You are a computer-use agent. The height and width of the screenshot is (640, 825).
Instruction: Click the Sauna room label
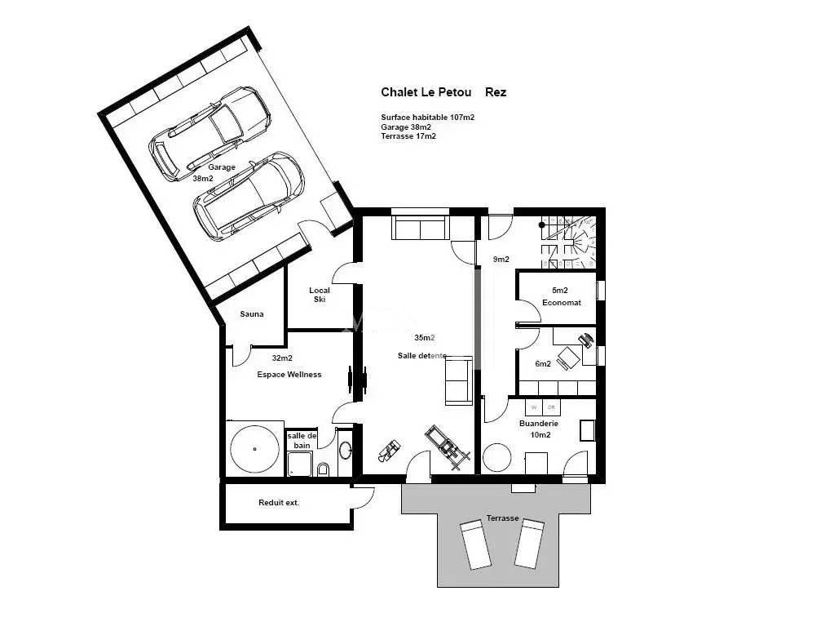[x=252, y=314]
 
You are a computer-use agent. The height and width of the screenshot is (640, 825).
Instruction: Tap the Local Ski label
[x=320, y=295]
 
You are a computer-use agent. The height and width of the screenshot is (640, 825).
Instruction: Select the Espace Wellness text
[x=289, y=375]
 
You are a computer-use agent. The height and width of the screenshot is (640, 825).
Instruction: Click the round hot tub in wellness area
[x=254, y=449]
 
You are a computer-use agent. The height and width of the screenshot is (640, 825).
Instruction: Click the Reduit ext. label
[x=278, y=503]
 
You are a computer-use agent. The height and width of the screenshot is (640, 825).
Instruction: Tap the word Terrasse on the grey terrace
[x=502, y=518]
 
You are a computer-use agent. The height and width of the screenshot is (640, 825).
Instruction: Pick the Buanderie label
[x=539, y=423]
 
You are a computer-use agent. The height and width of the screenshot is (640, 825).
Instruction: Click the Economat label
[x=562, y=302]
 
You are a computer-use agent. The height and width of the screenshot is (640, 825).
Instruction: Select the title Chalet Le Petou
[x=426, y=92]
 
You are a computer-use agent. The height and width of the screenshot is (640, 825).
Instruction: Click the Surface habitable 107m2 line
[x=428, y=118]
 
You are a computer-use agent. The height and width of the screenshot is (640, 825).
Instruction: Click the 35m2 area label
[x=425, y=338]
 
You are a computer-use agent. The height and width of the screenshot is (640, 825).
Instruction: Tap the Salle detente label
[x=422, y=356]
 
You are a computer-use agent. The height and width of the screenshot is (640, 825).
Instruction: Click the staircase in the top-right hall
[x=569, y=242]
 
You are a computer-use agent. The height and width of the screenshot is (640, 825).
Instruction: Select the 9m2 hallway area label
[x=501, y=259]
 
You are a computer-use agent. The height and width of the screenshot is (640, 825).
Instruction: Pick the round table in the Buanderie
[x=497, y=457]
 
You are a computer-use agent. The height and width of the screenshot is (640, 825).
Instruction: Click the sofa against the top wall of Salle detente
[x=421, y=227]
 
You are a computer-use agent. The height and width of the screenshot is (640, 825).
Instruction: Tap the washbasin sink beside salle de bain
[x=345, y=451]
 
